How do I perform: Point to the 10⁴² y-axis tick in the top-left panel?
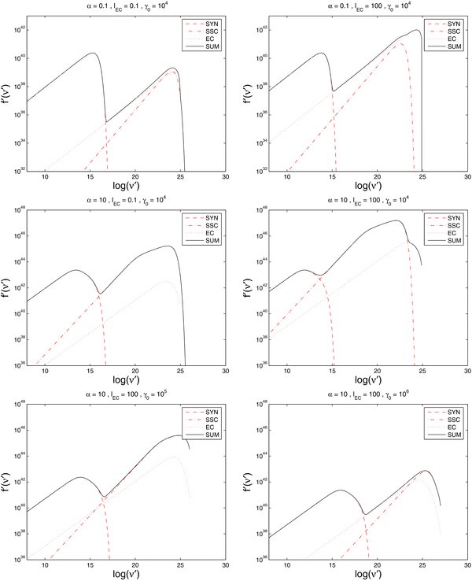[17, 28]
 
